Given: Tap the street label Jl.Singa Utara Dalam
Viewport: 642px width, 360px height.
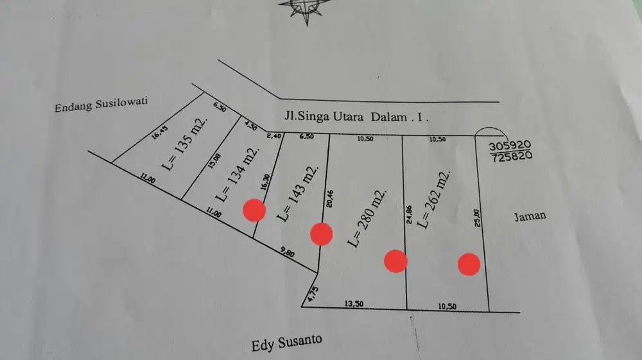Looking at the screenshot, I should pos(355,117).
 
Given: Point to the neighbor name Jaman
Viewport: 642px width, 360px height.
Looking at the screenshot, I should pos(530,216).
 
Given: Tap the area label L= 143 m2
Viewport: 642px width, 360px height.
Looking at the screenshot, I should pos(296,193).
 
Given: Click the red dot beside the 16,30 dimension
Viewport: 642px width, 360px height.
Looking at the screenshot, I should pos(254,210).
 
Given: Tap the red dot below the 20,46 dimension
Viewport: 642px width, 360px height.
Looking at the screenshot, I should pos(321,234).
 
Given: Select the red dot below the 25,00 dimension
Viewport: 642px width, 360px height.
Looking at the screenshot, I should pos(469,264).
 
